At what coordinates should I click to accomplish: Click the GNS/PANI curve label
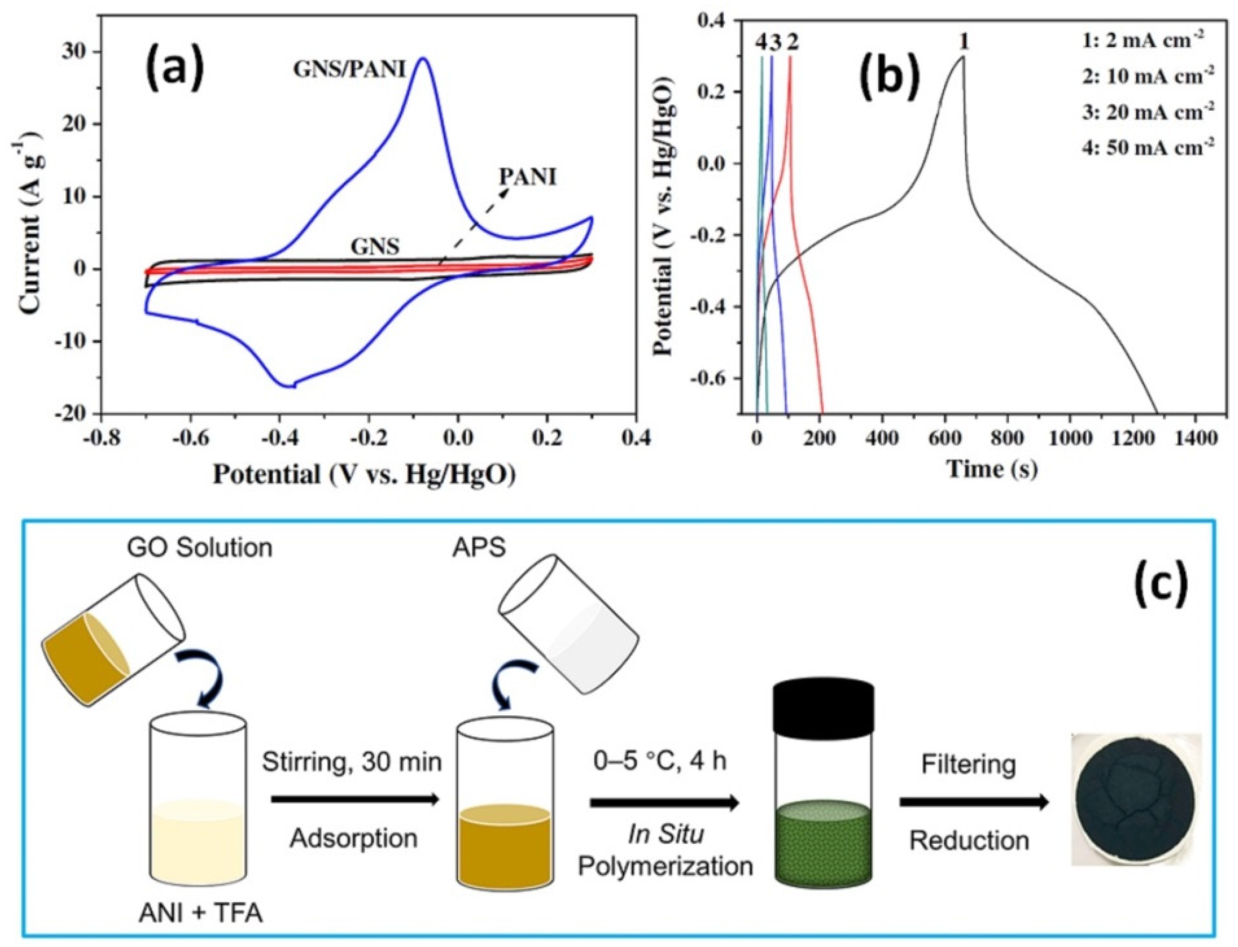349,68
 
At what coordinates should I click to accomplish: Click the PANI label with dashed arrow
527,178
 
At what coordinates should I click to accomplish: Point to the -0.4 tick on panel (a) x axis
279,436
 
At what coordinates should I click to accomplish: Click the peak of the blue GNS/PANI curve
424,58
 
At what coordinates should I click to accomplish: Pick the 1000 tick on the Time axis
1069,436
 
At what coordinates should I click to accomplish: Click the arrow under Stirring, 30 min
354,799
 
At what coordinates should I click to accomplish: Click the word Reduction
969,840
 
